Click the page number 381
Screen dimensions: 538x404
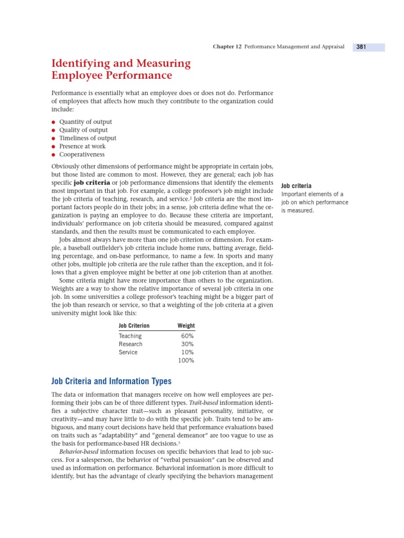(361, 47)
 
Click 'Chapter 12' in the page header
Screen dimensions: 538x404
(227, 47)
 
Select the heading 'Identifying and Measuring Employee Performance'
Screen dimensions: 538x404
(121, 69)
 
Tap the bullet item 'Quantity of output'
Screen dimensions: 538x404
(85, 122)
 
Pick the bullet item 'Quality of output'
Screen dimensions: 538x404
(83, 130)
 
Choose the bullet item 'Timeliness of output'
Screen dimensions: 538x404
(87, 138)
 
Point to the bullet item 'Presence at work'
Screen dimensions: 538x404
(82, 147)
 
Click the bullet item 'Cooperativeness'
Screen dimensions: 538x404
(82, 154)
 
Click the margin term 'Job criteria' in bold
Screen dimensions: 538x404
(296, 186)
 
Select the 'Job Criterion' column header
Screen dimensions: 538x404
(134, 326)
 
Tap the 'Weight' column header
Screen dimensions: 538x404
(186, 326)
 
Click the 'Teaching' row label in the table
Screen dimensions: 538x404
(130, 336)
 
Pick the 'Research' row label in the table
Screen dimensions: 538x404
(130, 344)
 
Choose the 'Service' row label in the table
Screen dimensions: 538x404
(128, 353)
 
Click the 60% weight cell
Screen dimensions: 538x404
(187, 336)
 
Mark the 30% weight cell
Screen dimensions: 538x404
(187, 344)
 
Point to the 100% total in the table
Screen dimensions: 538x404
(186, 361)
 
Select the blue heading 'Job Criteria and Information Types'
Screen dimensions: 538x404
(111, 381)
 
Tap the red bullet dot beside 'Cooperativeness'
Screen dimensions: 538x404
(53, 155)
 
